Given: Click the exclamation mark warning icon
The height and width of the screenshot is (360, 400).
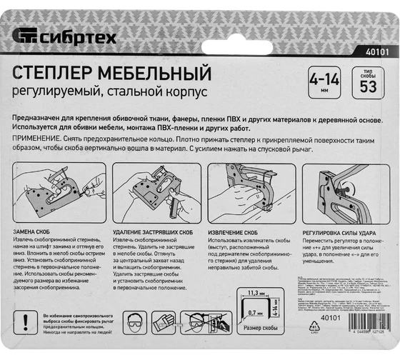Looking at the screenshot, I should (x=26, y=319).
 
